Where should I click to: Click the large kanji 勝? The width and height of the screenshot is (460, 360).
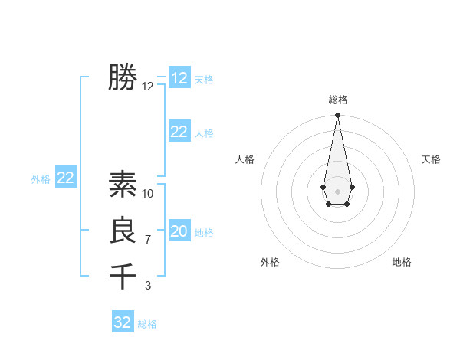(123, 77)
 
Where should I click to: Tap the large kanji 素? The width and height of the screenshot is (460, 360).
(123, 184)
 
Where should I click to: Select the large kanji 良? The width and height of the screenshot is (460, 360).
(123, 231)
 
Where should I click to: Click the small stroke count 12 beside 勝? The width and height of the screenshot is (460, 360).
(148, 87)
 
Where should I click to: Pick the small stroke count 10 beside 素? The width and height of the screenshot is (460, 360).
(148, 194)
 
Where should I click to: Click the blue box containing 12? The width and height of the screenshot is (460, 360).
(179, 78)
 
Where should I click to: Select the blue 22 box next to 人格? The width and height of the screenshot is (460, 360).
(179, 132)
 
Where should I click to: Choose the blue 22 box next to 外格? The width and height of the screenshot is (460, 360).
(65, 178)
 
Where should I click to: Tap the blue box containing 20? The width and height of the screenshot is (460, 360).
(179, 231)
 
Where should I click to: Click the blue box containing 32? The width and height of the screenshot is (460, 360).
(123, 322)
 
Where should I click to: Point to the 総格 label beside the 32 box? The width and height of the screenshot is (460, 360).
(147, 324)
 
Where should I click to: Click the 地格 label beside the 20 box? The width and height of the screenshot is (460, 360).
(204, 233)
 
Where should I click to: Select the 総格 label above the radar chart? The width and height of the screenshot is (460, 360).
(337, 100)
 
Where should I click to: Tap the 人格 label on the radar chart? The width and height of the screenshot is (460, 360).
(245, 159)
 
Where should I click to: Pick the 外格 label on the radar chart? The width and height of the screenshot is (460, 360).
(270, 262)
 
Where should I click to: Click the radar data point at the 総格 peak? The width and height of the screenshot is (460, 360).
(337, 115)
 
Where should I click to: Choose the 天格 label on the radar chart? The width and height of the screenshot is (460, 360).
(431, 159)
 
